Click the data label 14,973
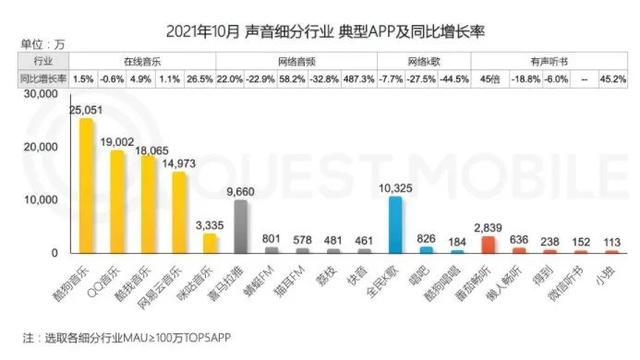point(180,163)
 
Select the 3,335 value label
point(211,224)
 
